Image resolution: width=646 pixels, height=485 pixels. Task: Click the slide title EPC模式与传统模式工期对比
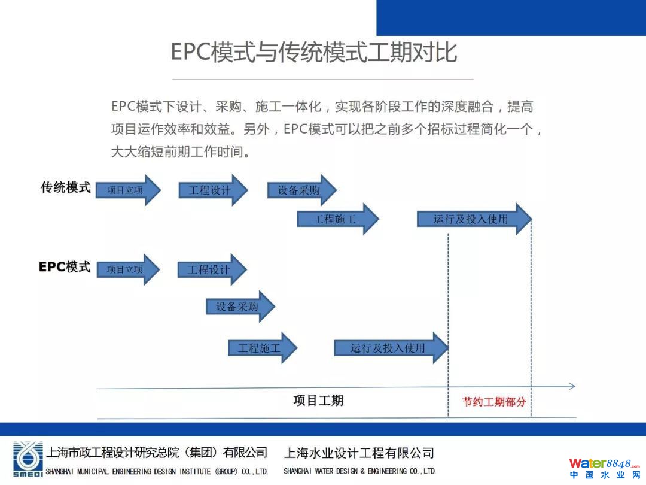coord(313,52)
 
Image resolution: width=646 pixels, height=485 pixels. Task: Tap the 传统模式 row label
coord(66,187)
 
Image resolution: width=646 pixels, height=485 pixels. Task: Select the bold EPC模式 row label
coord(65,267)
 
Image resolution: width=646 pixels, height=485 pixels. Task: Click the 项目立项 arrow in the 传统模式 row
coord(127,190)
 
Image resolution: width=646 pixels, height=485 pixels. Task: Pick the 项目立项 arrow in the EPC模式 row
coord(127,269)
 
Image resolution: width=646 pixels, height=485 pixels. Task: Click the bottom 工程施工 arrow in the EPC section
coord(261,348)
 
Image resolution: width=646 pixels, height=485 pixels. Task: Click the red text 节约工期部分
coord(493,402)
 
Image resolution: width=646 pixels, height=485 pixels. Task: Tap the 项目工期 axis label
coord(318,400)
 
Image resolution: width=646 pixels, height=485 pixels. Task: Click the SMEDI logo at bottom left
coord(28,459)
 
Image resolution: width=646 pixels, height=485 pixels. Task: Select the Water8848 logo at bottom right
coord(604,467)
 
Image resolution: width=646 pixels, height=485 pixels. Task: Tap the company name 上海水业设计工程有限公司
coord(359,453)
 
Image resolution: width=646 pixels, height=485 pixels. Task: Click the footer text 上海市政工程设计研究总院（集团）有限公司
coord(157,453)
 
